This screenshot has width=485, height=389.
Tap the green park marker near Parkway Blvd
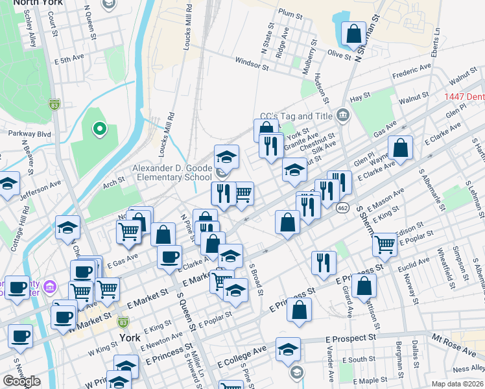point(99,130)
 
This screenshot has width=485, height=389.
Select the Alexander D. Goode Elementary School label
point(172,172)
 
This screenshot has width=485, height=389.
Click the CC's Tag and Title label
point(296,117)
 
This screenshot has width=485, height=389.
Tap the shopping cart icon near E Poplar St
point(385,244)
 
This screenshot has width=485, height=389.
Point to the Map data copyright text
point(458,384)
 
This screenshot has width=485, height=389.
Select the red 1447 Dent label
point(464,97)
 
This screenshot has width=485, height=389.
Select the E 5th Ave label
point(69,59)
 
